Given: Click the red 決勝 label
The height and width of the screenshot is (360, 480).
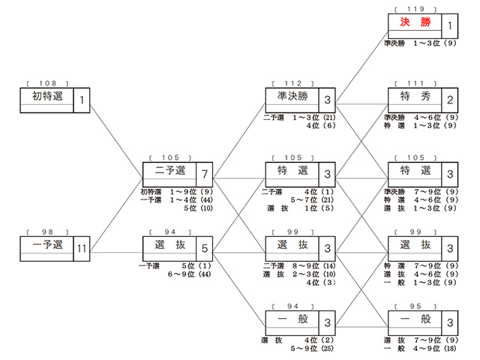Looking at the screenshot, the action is coord(415,22).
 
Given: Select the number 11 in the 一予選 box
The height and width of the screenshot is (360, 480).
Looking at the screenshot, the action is coord(82,248).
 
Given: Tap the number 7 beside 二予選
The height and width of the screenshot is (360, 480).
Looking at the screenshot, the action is coord(205,174).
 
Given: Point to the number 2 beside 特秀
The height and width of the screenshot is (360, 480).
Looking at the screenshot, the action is coord(450,100).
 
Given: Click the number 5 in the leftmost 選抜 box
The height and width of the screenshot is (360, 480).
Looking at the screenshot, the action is coord(205,248).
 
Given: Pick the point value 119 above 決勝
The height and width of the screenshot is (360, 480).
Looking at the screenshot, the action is coord(415,9).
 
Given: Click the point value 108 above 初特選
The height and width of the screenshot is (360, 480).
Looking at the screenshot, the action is coord(47,83).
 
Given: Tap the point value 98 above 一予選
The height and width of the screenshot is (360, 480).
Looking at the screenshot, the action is coord(47,232).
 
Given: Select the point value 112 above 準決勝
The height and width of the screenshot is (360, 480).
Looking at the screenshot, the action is coord(293,83).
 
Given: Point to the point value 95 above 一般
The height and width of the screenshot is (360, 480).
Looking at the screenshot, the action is coord(415,306).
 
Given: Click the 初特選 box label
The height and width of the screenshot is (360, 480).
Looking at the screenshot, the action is coord(47,96).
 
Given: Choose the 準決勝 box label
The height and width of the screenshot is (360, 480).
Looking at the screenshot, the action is coord(292,96).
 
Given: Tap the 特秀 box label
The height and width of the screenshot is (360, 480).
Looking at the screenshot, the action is coord(415,96).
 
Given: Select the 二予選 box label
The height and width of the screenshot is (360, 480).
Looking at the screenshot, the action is coord(170,170).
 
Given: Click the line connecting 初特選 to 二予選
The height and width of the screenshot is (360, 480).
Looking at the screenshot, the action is coord(116,141).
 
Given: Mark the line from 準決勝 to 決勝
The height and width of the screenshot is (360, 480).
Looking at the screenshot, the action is coord(361,67).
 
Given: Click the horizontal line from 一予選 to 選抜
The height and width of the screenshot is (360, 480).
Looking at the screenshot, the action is coord(116,253).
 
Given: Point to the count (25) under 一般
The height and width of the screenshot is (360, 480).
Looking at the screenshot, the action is coord(327,348).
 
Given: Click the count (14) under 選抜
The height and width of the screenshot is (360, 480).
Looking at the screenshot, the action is coord(329,265).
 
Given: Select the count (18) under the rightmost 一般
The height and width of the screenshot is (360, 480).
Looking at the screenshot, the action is coord(450,348).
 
